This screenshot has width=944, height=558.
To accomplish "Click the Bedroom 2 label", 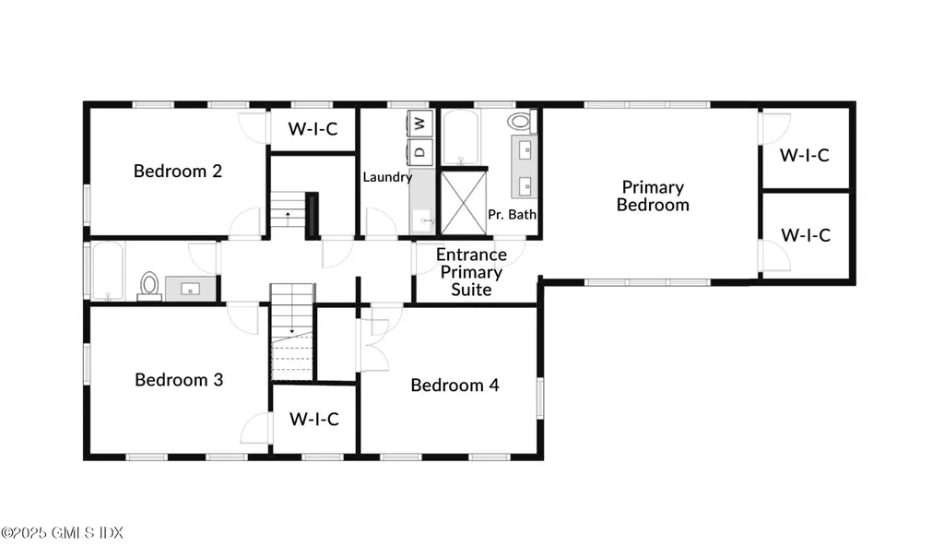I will coord(178,171).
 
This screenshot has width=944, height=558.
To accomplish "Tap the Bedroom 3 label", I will coord(179,379).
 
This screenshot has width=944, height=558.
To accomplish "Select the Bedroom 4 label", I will coord(454,385).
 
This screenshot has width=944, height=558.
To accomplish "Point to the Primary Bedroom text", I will coord(653,196).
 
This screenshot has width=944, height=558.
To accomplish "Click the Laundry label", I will coord(386,177).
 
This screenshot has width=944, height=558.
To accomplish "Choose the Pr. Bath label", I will coord(512,215).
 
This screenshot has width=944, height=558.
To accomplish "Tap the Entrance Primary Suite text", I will coord(471,272).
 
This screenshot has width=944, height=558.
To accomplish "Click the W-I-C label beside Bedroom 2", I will coord(313,128).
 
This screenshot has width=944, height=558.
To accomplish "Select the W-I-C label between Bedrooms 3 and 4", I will coord(314,419).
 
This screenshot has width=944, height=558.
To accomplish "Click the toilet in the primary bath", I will coord(521,121).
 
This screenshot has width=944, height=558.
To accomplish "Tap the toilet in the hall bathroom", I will coord(148,285).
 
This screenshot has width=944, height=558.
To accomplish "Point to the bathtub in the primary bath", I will coord(460,137).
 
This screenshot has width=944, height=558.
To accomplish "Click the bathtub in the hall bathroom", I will coord(108,271).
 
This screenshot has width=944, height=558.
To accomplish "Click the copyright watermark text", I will coord(62,533).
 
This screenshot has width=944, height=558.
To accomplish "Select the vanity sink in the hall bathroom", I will coord(191,288).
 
